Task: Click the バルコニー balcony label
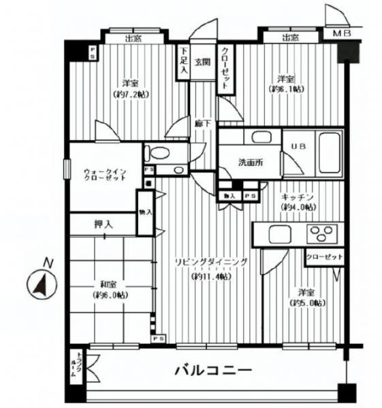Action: [x=213, y=371]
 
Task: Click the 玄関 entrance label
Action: [x=202, y=62]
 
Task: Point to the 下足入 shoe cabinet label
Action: [x=183, y=62]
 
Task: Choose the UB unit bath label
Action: [x=298, y=146]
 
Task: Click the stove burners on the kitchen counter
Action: [x=321, y=235]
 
